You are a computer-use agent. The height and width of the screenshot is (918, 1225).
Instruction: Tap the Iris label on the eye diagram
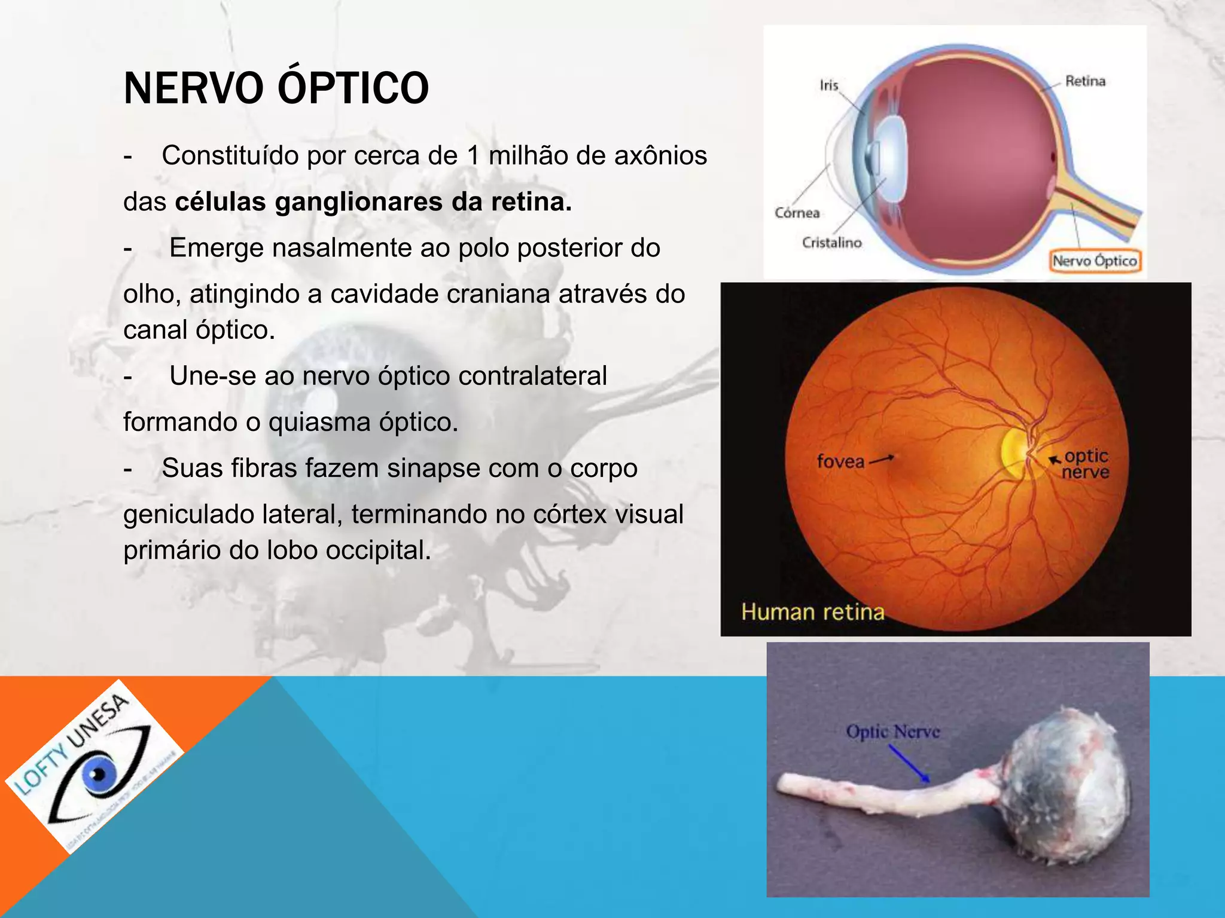[x=829, y=85]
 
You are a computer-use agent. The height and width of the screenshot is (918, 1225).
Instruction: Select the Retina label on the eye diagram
[x=1085, y=81]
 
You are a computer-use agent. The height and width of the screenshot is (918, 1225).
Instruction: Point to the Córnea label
[x=797, y=213]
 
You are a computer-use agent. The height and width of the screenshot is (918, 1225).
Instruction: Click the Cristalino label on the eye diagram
[x=831, y=243]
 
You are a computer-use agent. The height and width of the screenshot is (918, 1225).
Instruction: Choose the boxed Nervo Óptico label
[x=1095, y=261]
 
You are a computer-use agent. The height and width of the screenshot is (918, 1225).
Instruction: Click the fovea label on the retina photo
[x=840, y=461]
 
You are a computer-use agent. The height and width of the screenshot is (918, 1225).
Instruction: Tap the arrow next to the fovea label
[x=881, y=460]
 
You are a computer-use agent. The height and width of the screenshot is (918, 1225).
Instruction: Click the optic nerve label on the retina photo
[x=1086, y=464]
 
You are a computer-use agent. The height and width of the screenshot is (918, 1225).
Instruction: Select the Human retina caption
[x=812, y=612]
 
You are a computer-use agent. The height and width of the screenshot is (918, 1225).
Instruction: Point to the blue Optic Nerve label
[x=892, y=732]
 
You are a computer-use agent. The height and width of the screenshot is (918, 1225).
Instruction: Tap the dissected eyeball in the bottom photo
[x=1065, y=789]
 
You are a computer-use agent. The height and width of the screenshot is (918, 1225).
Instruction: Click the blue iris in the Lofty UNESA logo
[x=99, y=775]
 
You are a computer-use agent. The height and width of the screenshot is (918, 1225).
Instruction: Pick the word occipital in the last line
[x=378, y=550]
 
